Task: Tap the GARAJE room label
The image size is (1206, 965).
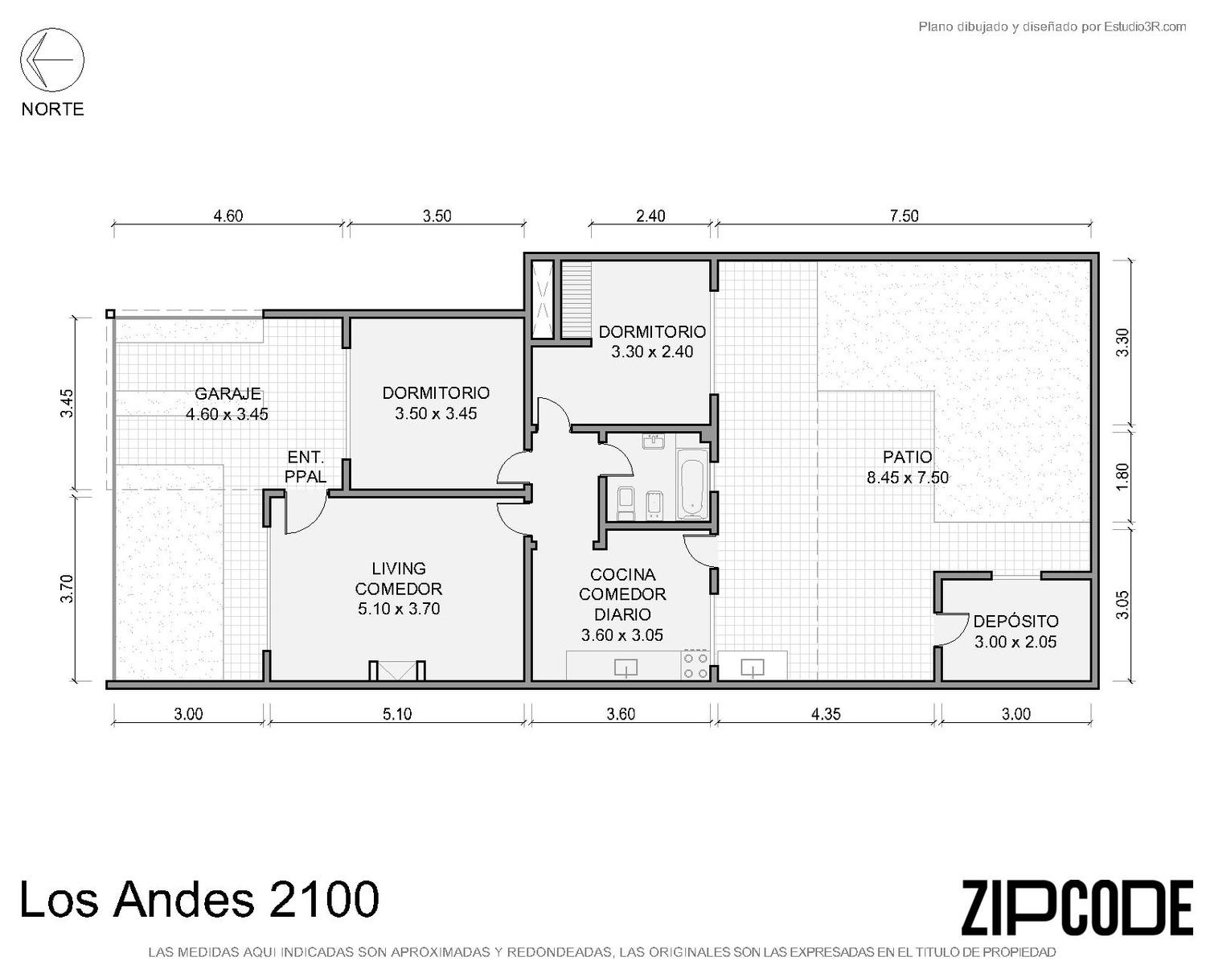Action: coord(227,393)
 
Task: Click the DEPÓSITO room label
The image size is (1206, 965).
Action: coord(1015,622)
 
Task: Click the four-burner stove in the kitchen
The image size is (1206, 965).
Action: coord(695,665)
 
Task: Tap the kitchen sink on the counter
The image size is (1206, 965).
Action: coord(626,667)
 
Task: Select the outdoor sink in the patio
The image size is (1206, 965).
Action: coord(752,667)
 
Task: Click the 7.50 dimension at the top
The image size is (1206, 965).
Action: coord(904,216)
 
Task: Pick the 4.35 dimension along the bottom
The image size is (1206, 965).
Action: coord(826,714)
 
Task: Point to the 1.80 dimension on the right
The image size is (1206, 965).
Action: coord(1122,477)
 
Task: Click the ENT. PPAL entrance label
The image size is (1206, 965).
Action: coord(306,466)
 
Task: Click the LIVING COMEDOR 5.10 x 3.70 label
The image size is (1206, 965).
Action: coord(399,589)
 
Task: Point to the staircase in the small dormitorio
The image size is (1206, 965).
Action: coord(576,299)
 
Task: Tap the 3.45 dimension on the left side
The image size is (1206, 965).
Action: coord(68,403)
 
